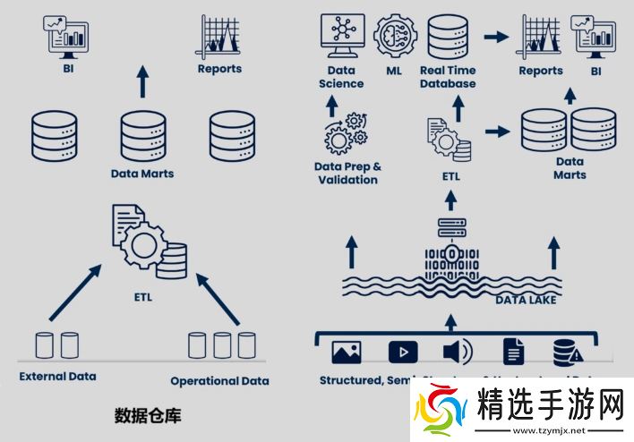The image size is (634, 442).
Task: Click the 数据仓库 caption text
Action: (148, 415)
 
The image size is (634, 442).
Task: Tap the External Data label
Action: (57, 377)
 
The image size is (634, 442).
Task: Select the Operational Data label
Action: (219, 380)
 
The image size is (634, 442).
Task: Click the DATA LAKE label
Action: (526, 300)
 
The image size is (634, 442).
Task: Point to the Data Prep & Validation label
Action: (347, 173)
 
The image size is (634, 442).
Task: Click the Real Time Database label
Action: (448, 77)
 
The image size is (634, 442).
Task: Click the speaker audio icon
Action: (457, 352)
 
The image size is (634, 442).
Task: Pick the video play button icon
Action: (403, 352)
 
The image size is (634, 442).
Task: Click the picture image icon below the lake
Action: (347, 352)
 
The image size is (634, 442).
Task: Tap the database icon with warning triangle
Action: (567, 353)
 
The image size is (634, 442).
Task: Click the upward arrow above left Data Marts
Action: (141, 81)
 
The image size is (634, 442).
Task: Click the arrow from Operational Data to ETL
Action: (218, 298)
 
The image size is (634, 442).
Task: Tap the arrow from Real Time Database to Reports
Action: (493, 37)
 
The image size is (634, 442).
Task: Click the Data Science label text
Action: (341, 77)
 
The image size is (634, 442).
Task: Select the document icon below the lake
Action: (513, 352)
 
